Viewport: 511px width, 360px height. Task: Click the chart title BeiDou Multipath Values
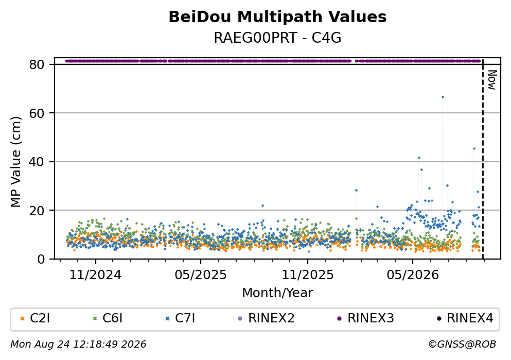coord(277,17)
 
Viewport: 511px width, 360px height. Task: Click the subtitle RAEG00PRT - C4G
coord(277,38)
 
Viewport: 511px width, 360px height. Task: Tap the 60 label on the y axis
coord(37,113)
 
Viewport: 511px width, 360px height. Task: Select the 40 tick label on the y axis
coord(37,162)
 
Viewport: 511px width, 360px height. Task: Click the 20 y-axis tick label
coord(37,211)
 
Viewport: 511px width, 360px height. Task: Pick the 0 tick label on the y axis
coord(41,259)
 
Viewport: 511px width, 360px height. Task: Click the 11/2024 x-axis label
coord(96,275)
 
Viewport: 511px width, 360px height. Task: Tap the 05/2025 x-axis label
coord(200,275)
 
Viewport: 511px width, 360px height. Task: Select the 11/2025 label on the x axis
coord(308,275)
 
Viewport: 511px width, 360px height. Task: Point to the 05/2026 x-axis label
coord(413,275)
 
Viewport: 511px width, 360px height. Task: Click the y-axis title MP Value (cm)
coord(15,162)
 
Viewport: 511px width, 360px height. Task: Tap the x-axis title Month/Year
coord(277,293)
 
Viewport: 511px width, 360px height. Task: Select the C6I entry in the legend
coord(108,318)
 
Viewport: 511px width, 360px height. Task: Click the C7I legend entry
coord(181,318)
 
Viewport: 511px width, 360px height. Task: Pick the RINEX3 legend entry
coord(365,318)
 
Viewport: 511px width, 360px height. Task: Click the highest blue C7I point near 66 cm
coord(442,97)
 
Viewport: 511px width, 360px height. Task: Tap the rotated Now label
coord(492,80)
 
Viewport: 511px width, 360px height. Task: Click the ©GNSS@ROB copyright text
coord(462,345)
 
